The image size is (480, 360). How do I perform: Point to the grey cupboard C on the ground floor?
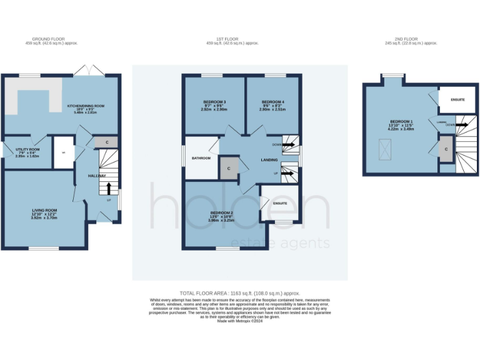coord(107,142)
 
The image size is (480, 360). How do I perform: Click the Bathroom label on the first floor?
coord(201,158)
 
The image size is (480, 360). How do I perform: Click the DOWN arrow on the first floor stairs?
coord(288,145)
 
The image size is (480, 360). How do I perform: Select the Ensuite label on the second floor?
coord(457,99)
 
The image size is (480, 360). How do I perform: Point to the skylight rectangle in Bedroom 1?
coord(380,149)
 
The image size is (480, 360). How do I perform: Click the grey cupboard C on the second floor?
coord(446,150)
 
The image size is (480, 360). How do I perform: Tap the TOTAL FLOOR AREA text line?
coord(240,293)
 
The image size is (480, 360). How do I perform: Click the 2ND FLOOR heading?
coord(411,39)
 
